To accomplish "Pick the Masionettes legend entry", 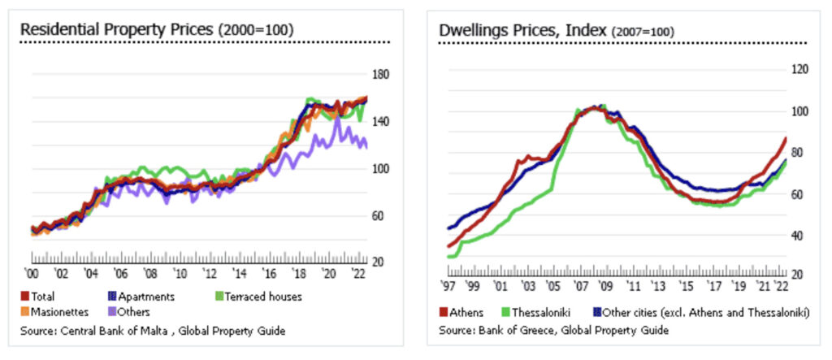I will point(55,311).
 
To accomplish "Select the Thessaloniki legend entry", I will point(541,313).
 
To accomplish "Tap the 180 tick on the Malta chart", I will point(380,74).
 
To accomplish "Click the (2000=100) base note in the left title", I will point(255,30).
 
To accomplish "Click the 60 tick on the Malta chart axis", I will point(378,215).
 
